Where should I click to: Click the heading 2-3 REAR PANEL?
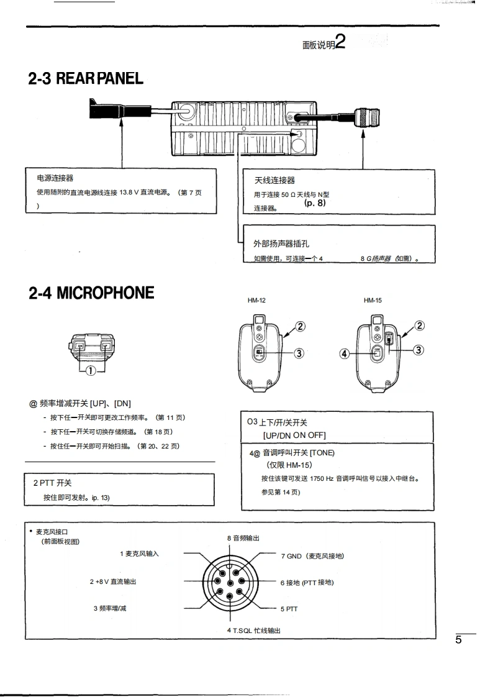86,79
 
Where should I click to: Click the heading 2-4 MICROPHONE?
91,293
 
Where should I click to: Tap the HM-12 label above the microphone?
256,301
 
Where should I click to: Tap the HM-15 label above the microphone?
373,301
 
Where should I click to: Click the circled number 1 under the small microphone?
91,371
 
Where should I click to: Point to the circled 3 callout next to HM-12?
299,353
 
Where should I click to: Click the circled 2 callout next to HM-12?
300,326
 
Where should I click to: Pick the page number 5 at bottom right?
458,640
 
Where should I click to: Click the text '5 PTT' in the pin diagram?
289,609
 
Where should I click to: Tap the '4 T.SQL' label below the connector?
253,631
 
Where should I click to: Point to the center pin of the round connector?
230,582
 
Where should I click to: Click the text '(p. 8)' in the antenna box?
314,203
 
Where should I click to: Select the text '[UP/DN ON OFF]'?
294,435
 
